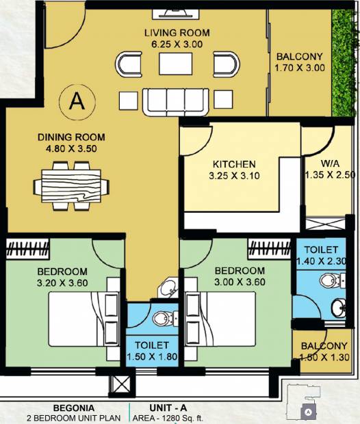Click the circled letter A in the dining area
[x=77, y=101]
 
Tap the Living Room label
[x=177, y=33]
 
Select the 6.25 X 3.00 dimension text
[x=177, y=44]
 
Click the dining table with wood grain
[x=71, y=186]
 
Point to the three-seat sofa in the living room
[x=176, y=102]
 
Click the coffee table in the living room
[x=176, y=64]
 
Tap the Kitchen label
[x=234, y=164]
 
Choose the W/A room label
[x=330, y=163]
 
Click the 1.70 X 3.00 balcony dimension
[x=300, y=68]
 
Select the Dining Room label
[x=71, y=137]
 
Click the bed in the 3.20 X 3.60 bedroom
[x=84, y=319]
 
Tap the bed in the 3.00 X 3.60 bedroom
[x=220, y=319]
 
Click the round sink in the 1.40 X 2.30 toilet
[x=338, y=308]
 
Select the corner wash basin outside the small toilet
[x=168, y=289]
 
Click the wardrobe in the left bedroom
[x=27, y=249]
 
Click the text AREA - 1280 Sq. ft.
[x=168, y=418]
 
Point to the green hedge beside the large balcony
[x=342, y=64]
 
